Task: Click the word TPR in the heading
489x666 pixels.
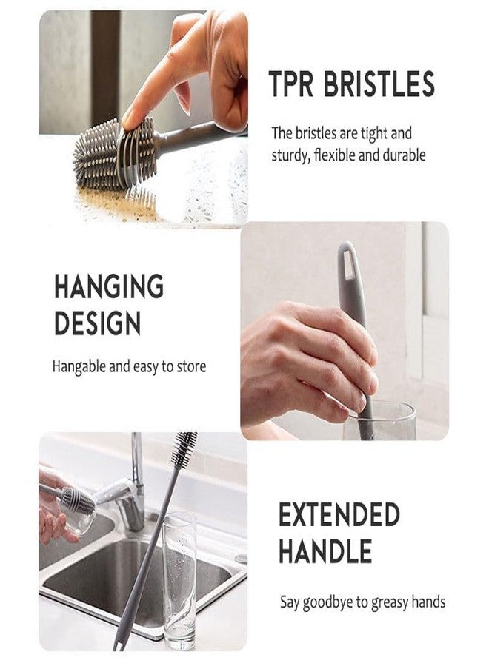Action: pyautogui.click(x=291, y=84)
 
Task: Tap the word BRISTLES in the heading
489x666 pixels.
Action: pyautogui.click(x=379, y=84)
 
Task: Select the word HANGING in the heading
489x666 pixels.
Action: pyautogui.click(x=109, y=286)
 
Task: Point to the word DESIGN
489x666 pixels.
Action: pyautogui.click(x=97, y=323)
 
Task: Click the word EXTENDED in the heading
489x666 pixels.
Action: pyautogui.click(x=339, y=514)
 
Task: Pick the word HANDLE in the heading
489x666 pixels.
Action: pyautogui.click(x=325, y=551)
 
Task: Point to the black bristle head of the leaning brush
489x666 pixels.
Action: pyautogui.click(x=185, y=448)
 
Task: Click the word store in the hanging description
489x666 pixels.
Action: pyautogui.click(x=191, y=366)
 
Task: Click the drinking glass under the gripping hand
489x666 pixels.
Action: pyautogui.click(x=379, y=421)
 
